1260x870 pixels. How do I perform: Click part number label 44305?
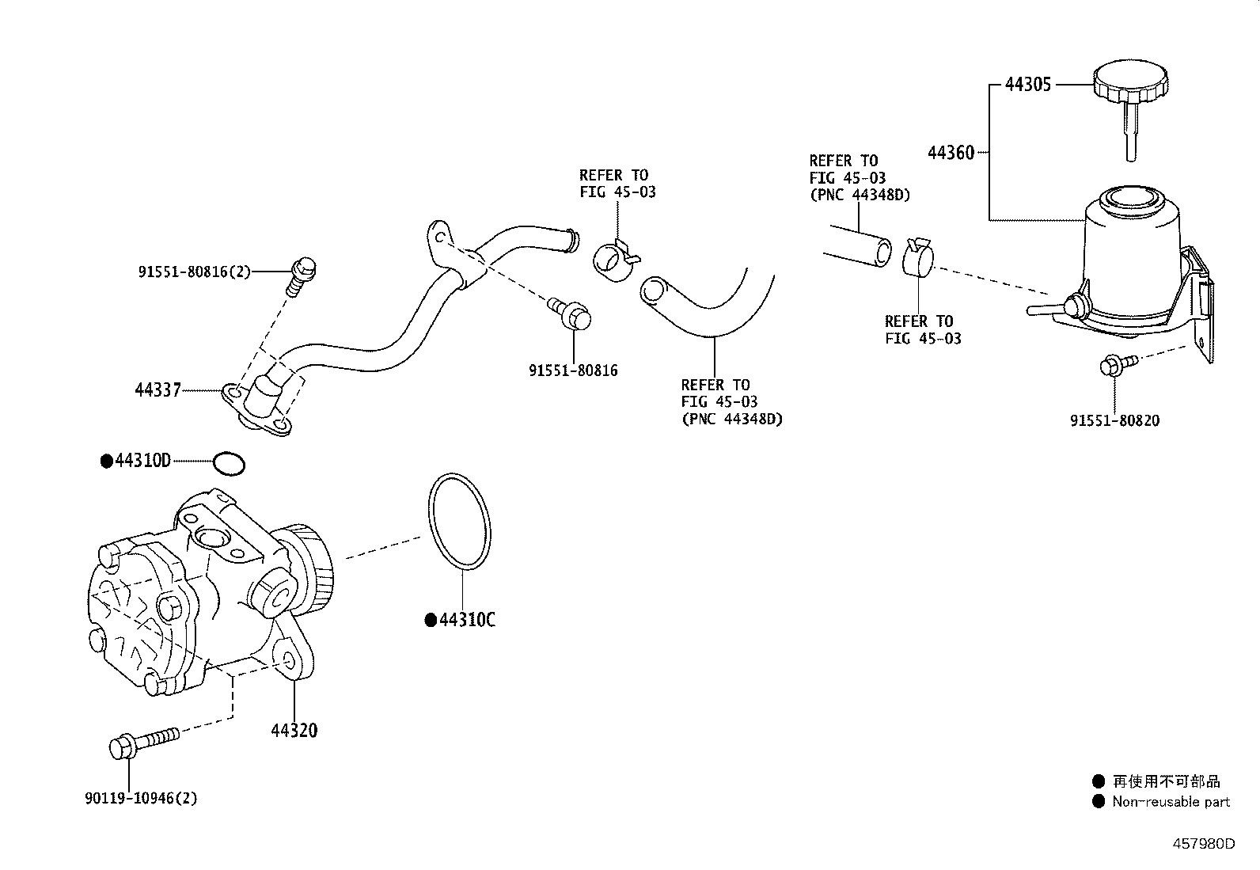1027,85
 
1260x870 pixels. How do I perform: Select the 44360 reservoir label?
951,153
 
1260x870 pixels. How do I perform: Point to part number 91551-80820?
1114,420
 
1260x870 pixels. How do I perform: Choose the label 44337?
158,390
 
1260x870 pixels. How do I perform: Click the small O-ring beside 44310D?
229,464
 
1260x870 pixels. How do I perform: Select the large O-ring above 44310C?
460,521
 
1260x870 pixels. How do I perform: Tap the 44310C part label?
467,620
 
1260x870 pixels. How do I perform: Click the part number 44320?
294,731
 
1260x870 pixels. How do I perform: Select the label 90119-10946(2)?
141,799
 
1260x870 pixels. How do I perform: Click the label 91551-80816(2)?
195,272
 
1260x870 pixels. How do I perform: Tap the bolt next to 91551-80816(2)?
301,276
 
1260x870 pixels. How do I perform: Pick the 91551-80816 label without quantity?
573,370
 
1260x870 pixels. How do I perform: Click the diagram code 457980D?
1204,844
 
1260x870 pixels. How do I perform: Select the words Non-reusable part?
1171,801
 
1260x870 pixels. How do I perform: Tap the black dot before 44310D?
107,462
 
